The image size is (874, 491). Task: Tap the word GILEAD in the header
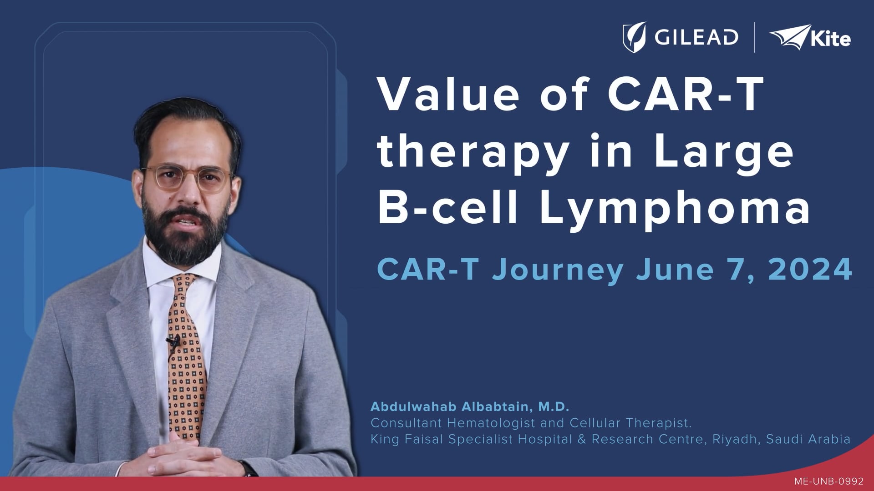point(696,37)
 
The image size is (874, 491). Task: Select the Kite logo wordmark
point(830,39)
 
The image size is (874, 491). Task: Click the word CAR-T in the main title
point(686,95)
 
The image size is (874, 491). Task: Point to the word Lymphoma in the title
point(676,210)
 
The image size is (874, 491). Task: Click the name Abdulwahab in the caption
point(413,406)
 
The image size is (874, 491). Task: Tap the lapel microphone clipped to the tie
point(173,341)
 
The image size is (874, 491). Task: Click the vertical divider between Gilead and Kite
point(754,37)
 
